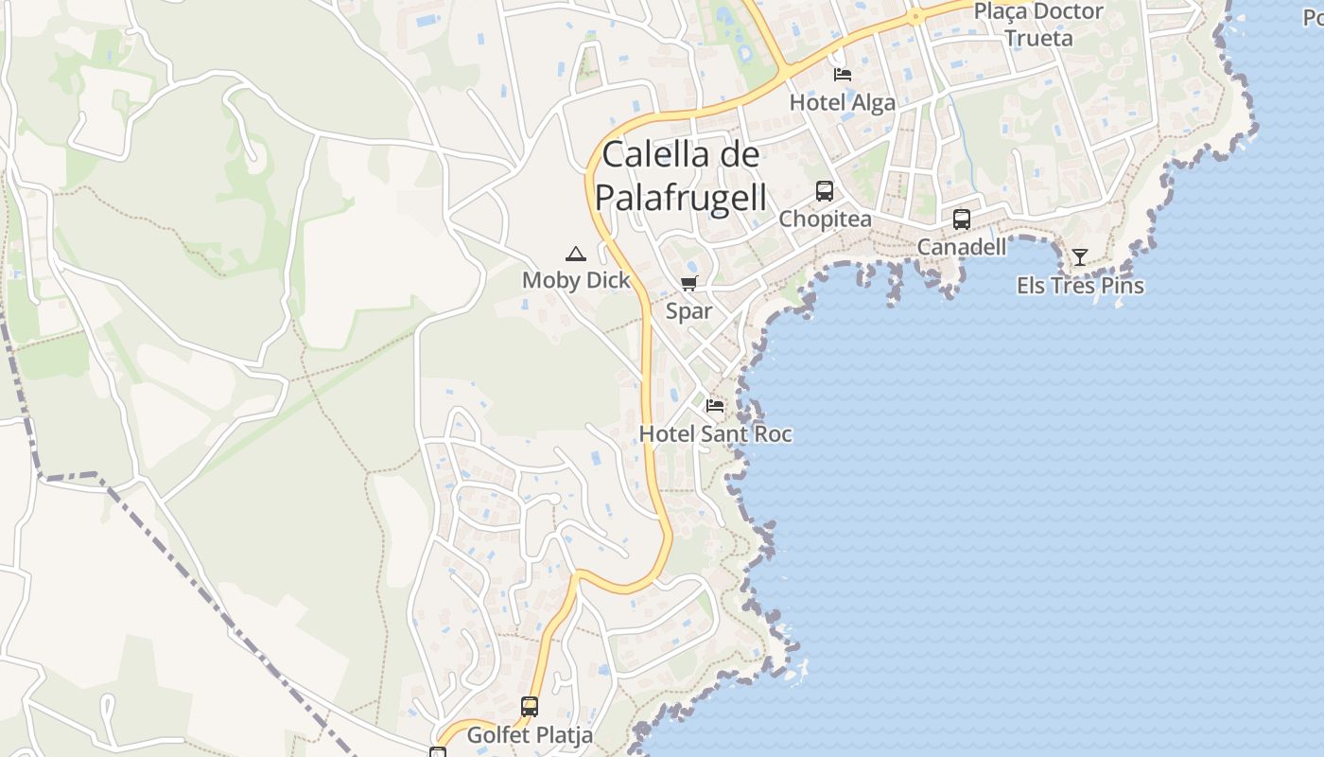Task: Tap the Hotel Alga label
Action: pyautogui.click(x=842, y=102)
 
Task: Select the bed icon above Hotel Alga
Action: pyautogui.click(x=842, y=75)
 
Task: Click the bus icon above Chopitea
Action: pyautogui.click(x=825, y=191)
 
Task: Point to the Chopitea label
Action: pyautogui.click(x=825, y=219)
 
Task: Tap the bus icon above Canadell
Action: pyautogui.click(x=962, y=220)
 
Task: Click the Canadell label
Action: pyautogui.click(x=962, y=247)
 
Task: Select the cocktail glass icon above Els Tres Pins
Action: pyautogui.click(x=1079, y=256)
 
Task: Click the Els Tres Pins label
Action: pyautogui.click(x=1080, y=285)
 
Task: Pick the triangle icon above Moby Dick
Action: pyautogui.click(x=575, y=254)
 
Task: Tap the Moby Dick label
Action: pyautogui.click(x=576, y=280)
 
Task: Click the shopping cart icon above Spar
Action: pyautogui.click(x=689, y=284)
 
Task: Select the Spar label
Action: pyautogui.click(x=689, y=311)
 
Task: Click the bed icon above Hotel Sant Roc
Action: pyautogui.click(x=715, y=406)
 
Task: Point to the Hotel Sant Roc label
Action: pyautogui.click(x=715, y=434)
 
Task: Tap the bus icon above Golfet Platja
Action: pyautogui.click(x=530, y=707)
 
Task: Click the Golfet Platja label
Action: pyautogui.click(x=531, y=734)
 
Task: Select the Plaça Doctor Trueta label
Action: pyautogui.click(x=1038, y=25)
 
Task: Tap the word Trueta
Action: pyautogui.click(x=1038, y=38)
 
